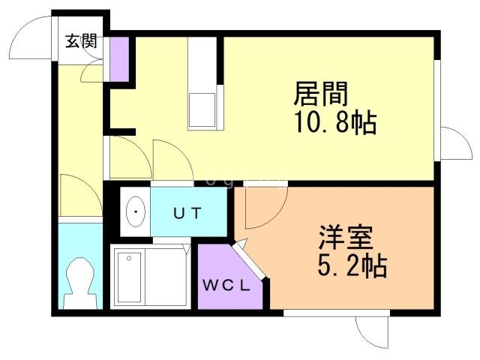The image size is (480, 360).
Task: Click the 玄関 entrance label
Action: click(80, 41)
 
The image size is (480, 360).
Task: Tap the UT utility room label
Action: click(187, 213)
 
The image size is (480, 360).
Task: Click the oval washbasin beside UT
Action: click(135, 212)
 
